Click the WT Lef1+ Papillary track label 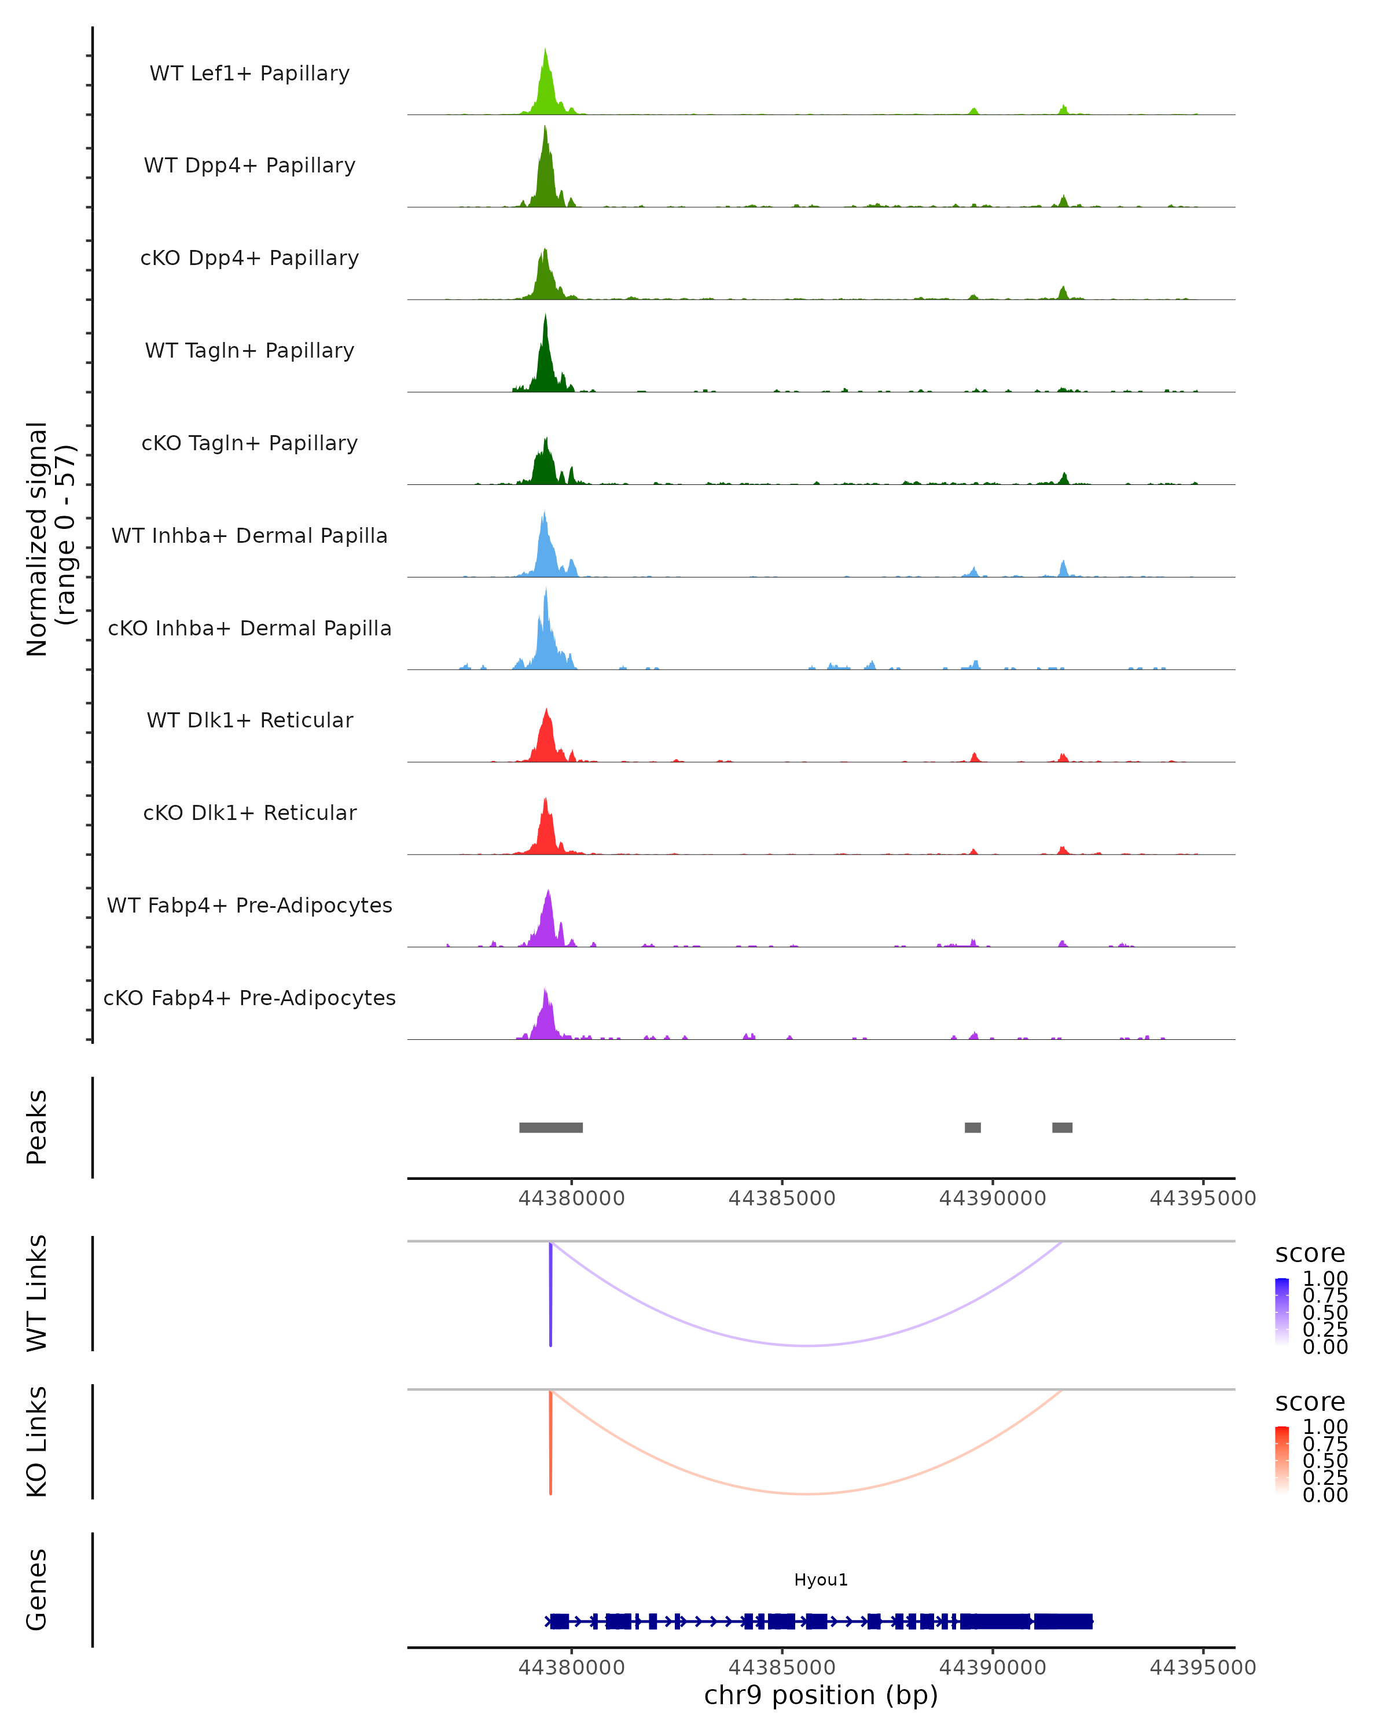[249, 73]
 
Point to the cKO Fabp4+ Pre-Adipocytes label [249, 998]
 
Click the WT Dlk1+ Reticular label [249, 720]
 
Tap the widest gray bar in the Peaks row [551, 1127]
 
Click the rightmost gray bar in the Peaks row [1062, 1127]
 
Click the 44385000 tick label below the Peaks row [782, 1198]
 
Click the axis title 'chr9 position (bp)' [821, 1695]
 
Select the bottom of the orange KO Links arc [807, 1494]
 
